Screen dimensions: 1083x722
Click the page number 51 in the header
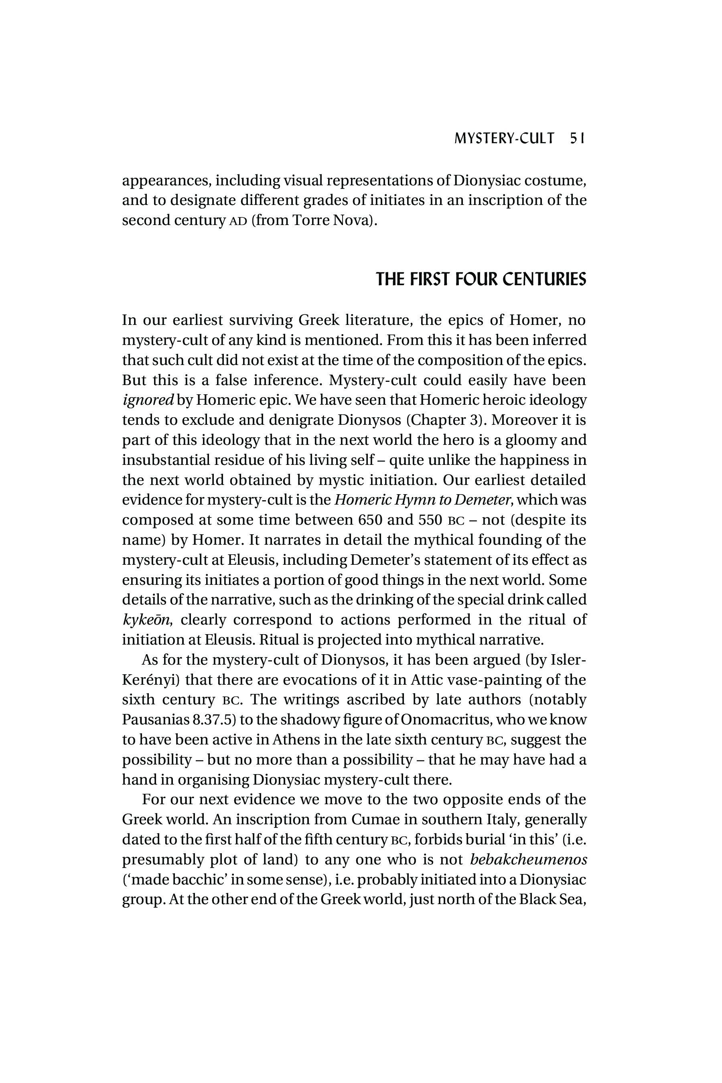(577, 139)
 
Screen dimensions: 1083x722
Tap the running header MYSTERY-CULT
(504, 139)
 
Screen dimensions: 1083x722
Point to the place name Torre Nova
(332, 220)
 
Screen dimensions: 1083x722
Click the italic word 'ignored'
(148, 400)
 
